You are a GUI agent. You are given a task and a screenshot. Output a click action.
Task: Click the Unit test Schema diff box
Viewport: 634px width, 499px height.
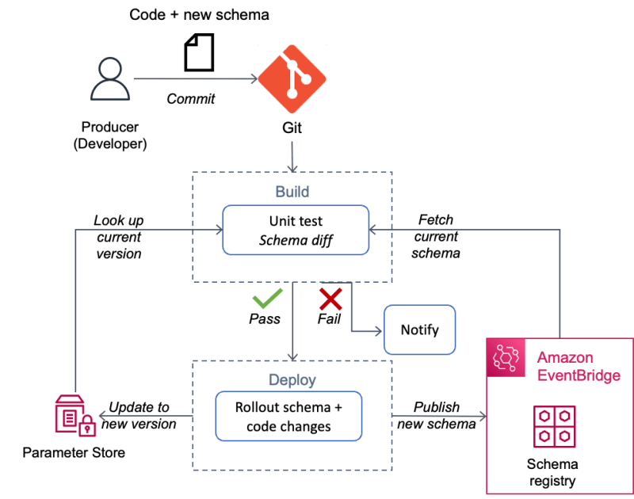295,230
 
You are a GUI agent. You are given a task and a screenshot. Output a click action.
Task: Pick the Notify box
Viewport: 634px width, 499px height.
419,329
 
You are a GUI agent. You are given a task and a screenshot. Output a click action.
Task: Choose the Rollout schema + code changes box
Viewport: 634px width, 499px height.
288,417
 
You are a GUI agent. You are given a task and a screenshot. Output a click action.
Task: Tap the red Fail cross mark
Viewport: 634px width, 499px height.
330,299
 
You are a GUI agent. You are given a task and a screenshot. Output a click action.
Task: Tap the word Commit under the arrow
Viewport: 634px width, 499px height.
190,99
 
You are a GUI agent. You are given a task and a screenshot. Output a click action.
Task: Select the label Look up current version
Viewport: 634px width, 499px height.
118,237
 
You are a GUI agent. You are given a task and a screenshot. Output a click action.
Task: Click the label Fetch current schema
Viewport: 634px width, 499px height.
437,236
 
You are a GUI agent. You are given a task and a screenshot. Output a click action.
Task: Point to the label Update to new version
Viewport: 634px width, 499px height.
139,416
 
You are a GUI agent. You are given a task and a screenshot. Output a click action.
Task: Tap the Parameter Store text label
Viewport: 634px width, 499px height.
74,454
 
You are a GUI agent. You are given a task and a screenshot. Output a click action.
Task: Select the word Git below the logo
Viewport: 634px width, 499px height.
292,127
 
